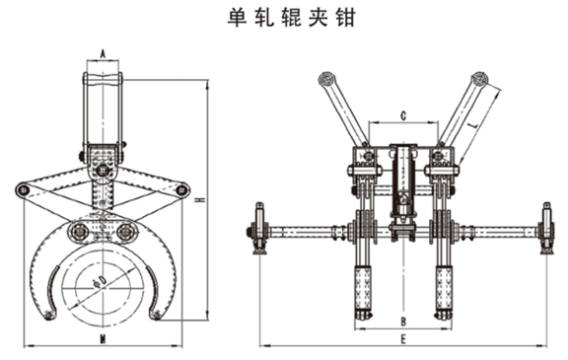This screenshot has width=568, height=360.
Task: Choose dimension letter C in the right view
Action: point(404,116)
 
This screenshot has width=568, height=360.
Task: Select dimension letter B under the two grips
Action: point(403,322)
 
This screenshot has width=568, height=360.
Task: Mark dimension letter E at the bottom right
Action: point(403,338)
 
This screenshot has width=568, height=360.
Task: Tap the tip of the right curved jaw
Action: point(156,315)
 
